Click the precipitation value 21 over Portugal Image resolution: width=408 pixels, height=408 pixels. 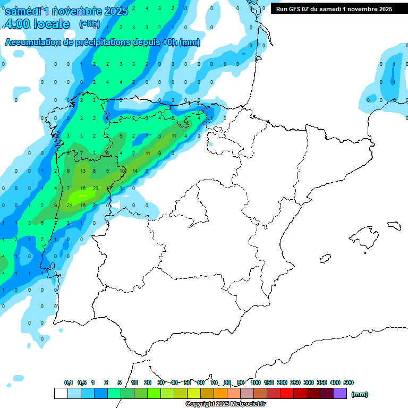point(69,205)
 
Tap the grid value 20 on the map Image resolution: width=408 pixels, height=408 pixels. point(95,189)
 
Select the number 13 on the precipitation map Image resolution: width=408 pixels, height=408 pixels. point(83,171)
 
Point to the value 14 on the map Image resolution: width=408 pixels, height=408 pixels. point(135,171)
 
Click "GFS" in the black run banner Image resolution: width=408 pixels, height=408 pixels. point(296,9)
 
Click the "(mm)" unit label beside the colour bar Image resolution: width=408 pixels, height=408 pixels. point(360,394)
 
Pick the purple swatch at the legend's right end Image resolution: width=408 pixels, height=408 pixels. point(340,394)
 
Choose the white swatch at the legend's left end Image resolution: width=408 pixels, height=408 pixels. point(61,394)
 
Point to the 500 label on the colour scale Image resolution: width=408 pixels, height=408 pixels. point(348,382)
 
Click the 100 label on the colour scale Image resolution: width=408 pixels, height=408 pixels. point(256,382)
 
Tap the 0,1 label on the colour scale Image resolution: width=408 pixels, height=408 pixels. point(69,382)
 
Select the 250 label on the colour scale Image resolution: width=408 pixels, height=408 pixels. point(295,382)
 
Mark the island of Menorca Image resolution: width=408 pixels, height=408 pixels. point(394,225)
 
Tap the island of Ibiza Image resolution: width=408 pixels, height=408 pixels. point(325,259)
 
